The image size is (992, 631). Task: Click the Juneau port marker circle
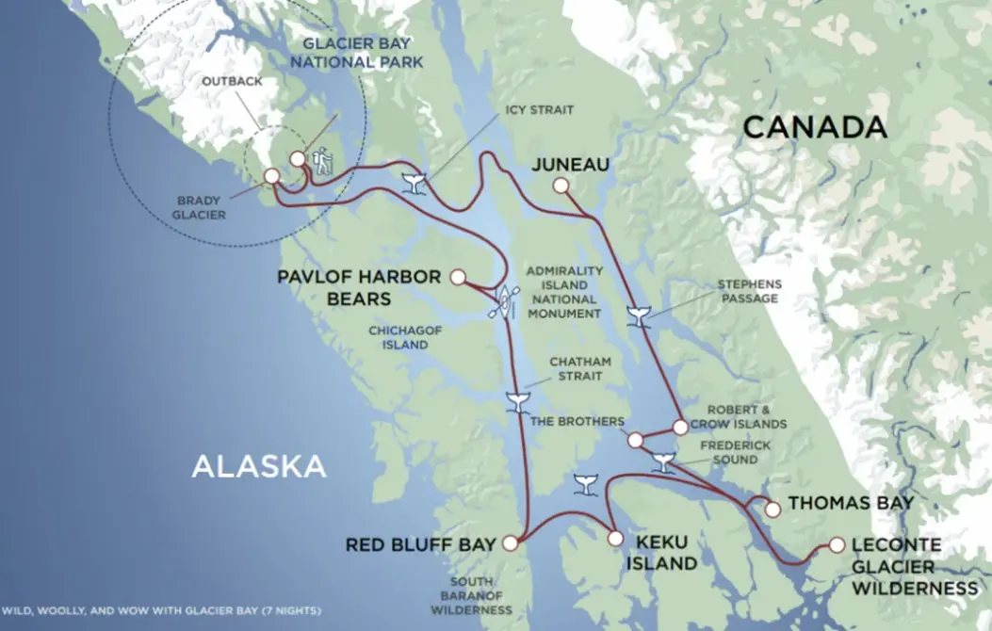click(x=561, y=186)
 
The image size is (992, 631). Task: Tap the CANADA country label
click(x=814, y=128)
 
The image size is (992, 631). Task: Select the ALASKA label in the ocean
click(x=259, y=465)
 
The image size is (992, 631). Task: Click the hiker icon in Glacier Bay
click(x=322, y=163)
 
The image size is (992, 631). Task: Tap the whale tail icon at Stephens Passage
click(x=640, y=316)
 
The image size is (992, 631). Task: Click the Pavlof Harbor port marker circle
click(x=458, y=277)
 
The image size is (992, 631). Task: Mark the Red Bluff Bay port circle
click(x=510, y=543)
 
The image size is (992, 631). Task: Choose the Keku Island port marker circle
click(x=615, y=539)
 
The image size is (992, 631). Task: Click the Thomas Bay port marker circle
click(x=772, y=510)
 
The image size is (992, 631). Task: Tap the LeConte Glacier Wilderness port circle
click(x=837, y=544)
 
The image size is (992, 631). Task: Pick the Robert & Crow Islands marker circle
click(x=680, y=427)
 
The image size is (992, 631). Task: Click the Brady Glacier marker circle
click(x=271, y=176)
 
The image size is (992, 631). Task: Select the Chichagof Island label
click(x=398, y=338)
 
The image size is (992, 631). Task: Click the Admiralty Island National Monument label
click(x=561, y=292)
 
